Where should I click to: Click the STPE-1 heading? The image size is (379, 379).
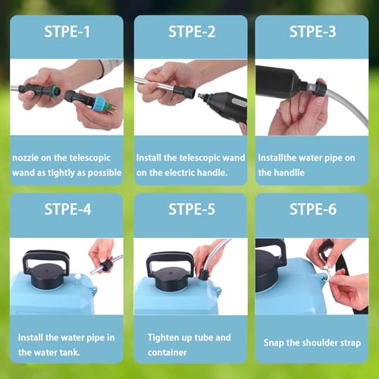[x=67, y=32]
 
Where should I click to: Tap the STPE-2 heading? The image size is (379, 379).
[x=192, y=32]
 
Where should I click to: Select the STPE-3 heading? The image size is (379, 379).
[x=313, y=32]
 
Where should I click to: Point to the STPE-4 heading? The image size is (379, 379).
[x=67, y=209]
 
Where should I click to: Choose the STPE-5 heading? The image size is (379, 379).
[x=192, y=209]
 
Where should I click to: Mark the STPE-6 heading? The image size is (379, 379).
[x=313, y=209]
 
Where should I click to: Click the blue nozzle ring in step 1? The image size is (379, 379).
[x=97, y=104]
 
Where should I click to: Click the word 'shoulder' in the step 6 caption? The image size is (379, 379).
[x=321, y=343]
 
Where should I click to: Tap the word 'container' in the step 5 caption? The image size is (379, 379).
[x=168, y=352]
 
